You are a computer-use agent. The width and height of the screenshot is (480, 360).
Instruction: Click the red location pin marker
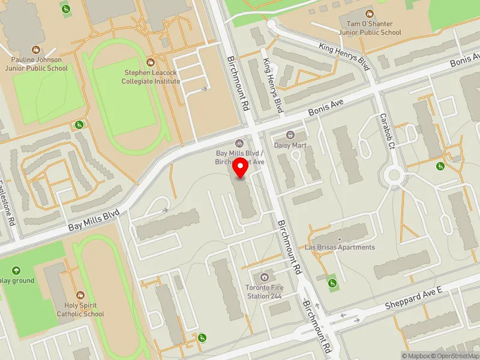tap(241, 169)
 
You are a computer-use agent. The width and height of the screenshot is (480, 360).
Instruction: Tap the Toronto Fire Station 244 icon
tap(264, 278)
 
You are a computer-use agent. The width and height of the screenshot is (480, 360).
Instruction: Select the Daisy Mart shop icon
tap(291, 136)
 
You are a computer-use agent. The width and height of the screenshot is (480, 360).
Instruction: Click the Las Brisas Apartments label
tap(348, 247)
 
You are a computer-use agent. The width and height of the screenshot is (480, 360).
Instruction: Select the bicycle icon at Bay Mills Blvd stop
tap(239, 143)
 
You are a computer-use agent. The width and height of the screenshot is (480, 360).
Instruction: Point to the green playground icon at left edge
tap(16, 271)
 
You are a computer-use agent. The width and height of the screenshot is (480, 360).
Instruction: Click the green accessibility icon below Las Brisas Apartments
tap(331, 282)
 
